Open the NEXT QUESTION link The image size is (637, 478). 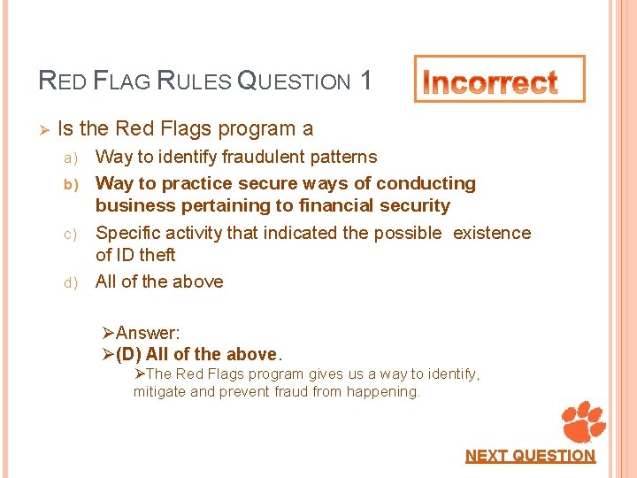pyautogui.click(x=531, y=456)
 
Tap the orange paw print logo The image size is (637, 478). pyautogui.click(x=584, y=421)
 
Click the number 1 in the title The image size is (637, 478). pyautogui.click(x=365, y=81)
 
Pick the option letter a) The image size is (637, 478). pyautogui.click(x=70, y=158)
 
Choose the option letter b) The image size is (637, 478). pyautogui.click(x=70, y=184)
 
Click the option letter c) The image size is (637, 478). pyautogui.click(x=70, y=234)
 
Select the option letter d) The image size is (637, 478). pyautogui.click(x=70, y=282)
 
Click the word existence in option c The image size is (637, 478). pyautogui.click(x=492, y=234)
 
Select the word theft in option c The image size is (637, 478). pyautogui.click(x=157, y=255)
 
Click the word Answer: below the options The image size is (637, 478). pyautogui.click(x=148, y=333)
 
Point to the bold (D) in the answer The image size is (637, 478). pyautogui.click(x=129, y=354)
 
